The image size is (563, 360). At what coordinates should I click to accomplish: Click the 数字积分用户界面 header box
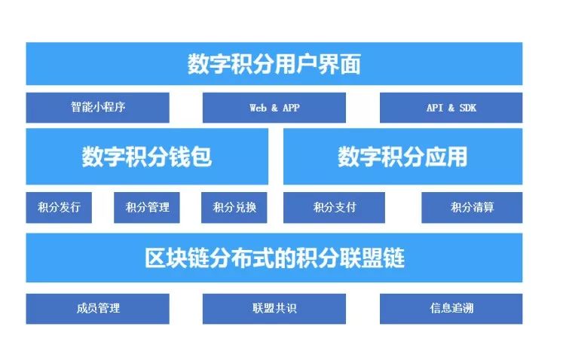click(274, 63)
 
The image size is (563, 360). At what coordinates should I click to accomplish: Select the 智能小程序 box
click(97, 108)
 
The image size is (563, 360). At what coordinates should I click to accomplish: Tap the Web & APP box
click(274, 108)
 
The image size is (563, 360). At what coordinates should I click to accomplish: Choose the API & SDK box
click(451, 108)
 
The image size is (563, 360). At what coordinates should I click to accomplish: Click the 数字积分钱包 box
click(147, 157)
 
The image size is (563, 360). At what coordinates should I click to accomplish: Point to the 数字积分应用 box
click(403, 157)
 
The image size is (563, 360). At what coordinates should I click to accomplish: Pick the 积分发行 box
click(59, 207)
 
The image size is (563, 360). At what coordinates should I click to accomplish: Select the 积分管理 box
click(146, 207)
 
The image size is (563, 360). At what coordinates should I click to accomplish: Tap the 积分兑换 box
click(234, 207)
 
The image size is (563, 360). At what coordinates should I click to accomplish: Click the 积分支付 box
click(334, 207)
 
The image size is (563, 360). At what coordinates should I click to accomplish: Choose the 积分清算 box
click(472, 207)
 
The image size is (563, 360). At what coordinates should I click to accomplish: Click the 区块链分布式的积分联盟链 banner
click(274, 258)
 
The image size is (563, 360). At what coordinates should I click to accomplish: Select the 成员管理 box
click(97, 309)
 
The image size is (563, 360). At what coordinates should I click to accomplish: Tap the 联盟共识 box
click(274, 309)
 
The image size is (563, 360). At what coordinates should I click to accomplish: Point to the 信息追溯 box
click(451, 309)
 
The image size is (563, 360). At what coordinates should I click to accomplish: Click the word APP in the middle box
click(291, 108)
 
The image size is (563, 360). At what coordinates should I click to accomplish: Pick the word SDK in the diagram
click(468, 108)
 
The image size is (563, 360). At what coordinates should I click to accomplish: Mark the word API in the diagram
click(435, 108)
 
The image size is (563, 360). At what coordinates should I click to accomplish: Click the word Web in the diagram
click(259, 108)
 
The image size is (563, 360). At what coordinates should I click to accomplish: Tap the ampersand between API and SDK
click(451, 108)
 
